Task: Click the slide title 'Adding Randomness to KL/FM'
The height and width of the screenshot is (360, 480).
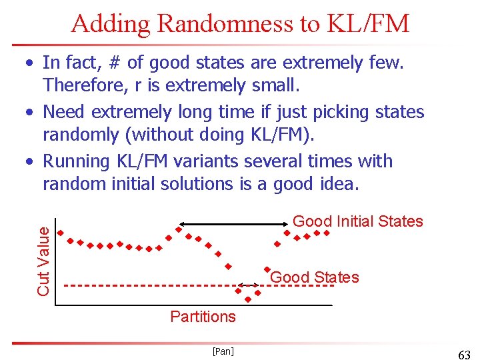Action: click(x=240, y=24)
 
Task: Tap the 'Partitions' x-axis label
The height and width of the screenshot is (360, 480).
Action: click(x=203, y=317)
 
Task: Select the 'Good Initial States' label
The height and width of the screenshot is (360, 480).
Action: click(x=358, y=221)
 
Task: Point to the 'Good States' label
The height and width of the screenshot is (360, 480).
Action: click(x=315, y=277)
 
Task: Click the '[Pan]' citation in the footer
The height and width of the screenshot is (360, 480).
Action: click(x=223, y=351)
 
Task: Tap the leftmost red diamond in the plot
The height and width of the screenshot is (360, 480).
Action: click(x=60, y=233)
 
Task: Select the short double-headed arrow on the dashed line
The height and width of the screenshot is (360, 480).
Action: click(x=249, y=285)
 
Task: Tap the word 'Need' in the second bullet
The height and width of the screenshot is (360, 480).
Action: click(x=64, y=111)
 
